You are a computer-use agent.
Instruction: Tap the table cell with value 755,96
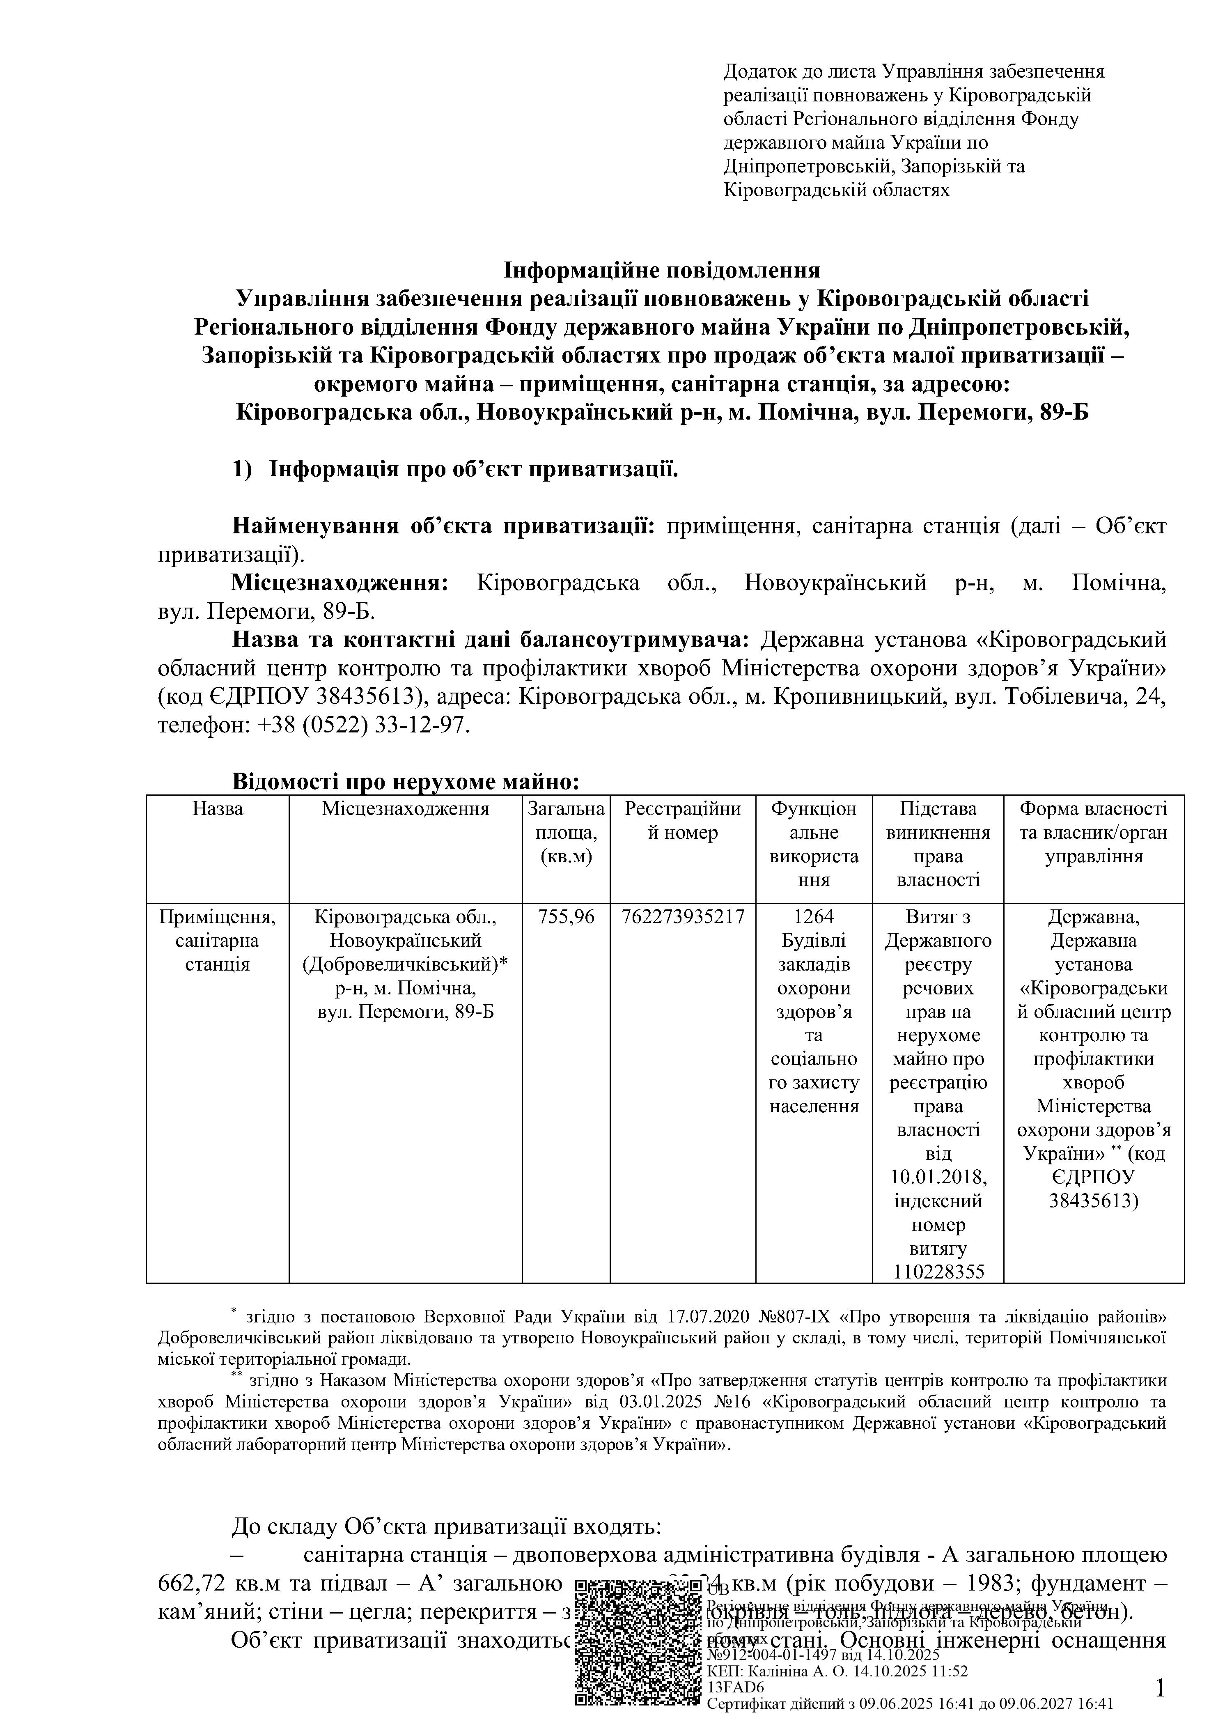pos(566,917)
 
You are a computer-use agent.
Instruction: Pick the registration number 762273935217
pos(683,917)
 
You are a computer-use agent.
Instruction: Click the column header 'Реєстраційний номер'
pos(683,821)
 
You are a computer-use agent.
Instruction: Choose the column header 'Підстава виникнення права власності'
pos(938,845)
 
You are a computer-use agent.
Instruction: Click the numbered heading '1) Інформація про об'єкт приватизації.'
pos(455,469)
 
